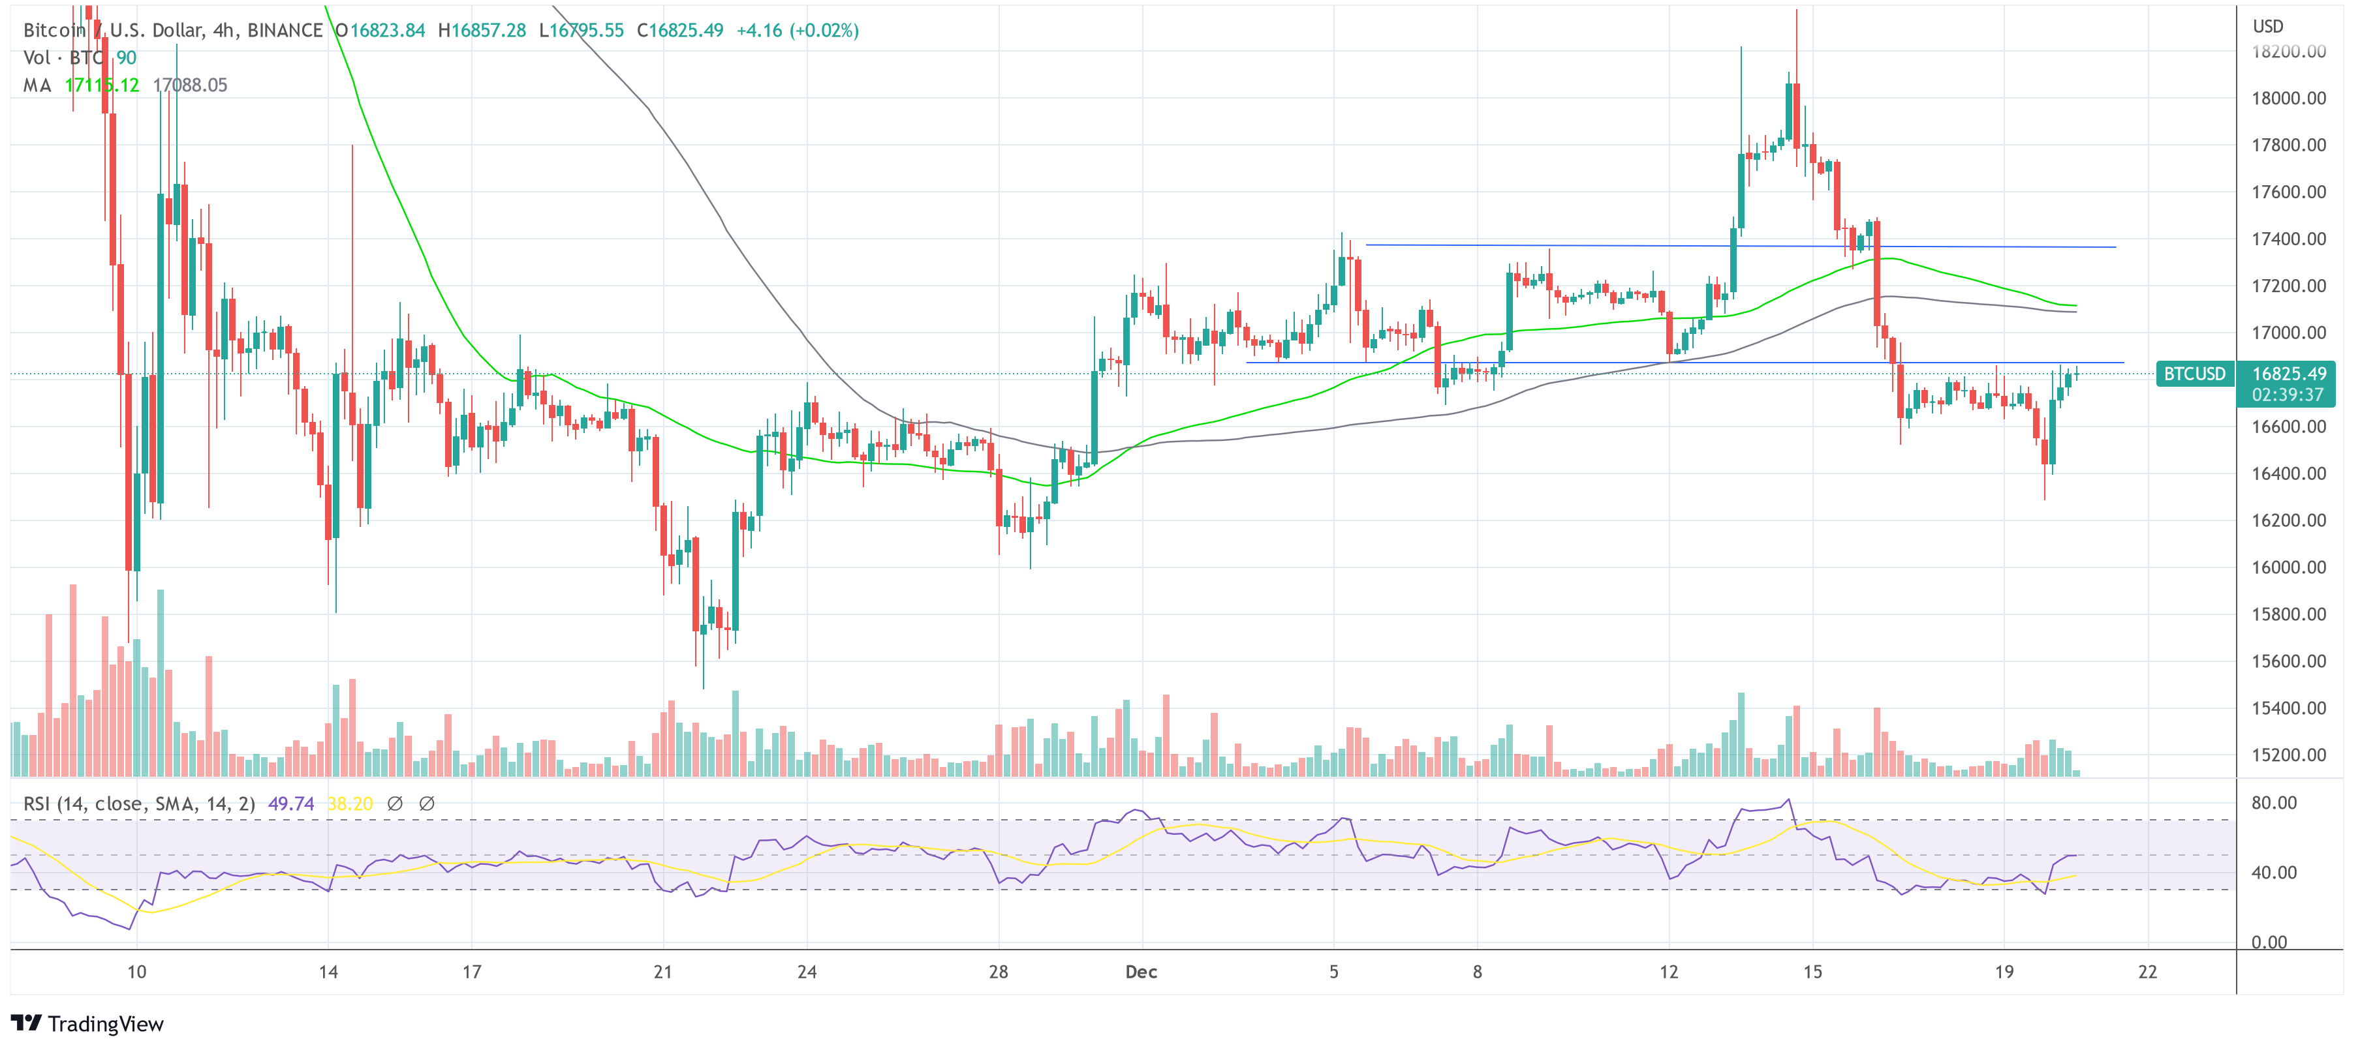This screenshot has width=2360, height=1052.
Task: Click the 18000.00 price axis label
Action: coord(2288,98)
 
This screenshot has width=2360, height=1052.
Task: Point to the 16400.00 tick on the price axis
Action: coord(2288,473)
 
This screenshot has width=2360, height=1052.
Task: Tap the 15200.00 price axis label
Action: coord(2288,755)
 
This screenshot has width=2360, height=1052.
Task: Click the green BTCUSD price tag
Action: coord(2194,374)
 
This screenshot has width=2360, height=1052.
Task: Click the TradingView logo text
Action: coord(104,1023)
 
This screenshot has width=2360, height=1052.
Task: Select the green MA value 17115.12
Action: coord(102,85)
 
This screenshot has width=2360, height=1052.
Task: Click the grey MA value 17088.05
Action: coord(190,85)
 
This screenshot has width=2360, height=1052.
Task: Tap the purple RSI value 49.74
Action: coord(290,804)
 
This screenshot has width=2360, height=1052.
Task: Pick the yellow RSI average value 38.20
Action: coord(350,804)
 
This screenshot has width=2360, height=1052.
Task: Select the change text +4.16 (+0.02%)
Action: coord(797,30)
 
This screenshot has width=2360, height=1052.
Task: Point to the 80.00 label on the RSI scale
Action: coord(2273,803)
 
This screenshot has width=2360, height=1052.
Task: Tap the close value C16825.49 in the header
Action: coord(680,30)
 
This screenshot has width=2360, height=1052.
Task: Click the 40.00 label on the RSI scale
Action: coord(2273,873)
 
